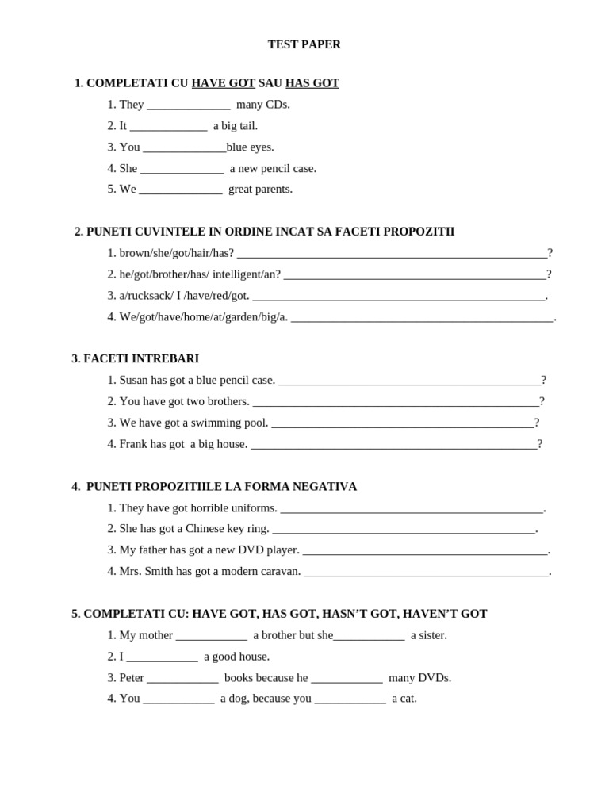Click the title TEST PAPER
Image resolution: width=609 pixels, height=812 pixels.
pos(304,44)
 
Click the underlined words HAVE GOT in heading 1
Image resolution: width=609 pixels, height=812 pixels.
pos(223,83)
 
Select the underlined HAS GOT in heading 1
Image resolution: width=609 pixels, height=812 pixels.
pos(312,83)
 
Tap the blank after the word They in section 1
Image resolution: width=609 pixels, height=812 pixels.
pos(189,105)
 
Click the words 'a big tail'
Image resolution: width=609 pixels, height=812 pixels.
pos(236,126)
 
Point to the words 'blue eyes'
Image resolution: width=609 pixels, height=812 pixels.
pos(250,147)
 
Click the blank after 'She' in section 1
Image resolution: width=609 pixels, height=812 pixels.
pos(182,169)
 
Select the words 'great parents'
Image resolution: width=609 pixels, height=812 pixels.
pos(260,190)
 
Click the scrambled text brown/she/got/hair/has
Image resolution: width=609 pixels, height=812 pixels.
pos(176,253)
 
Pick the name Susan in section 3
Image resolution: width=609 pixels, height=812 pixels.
pos(134,381)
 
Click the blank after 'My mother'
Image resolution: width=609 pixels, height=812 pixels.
pos(211,636)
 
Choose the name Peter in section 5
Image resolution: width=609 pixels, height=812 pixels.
pos(132,678)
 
